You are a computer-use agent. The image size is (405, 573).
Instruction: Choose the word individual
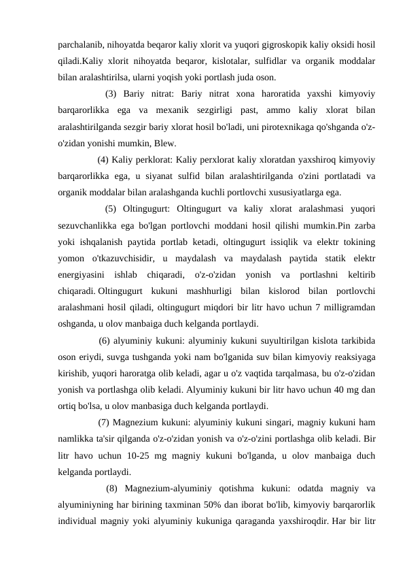coord(81,521)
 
